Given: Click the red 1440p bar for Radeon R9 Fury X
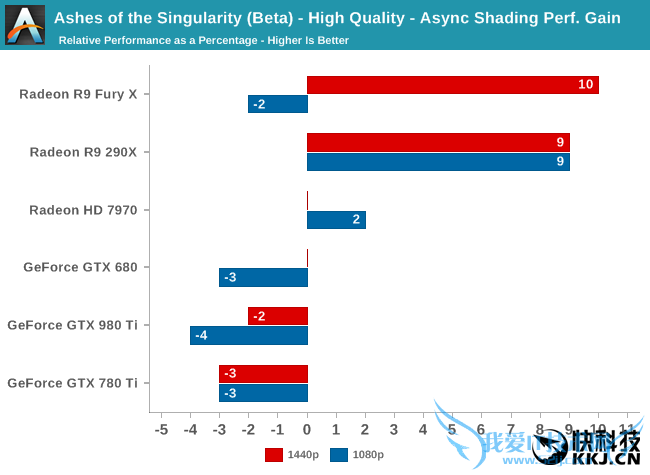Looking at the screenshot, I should point(452,85).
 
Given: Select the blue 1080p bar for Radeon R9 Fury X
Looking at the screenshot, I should point(277,104).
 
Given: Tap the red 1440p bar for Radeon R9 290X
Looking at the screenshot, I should point(438,143).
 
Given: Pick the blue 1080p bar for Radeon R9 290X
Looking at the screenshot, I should point(438,162).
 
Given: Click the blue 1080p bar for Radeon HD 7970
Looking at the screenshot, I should point(336,220).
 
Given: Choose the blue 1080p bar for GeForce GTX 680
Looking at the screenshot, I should point(263,277).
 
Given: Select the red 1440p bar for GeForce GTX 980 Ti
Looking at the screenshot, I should point(277,316).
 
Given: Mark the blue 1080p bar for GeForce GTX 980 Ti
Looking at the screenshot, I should point(248,335).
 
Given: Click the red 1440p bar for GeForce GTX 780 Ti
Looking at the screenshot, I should point(263,374).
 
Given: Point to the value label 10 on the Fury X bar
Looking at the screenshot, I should point(586,85).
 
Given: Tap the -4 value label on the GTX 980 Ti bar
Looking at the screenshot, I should point(201,335).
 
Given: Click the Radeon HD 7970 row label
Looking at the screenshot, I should point(90,210).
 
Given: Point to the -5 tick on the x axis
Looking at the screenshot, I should point(162,429).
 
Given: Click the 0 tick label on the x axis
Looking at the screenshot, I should point(307,429).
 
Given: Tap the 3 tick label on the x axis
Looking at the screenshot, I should point(394,429).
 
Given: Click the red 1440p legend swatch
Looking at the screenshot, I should point(274,455).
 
